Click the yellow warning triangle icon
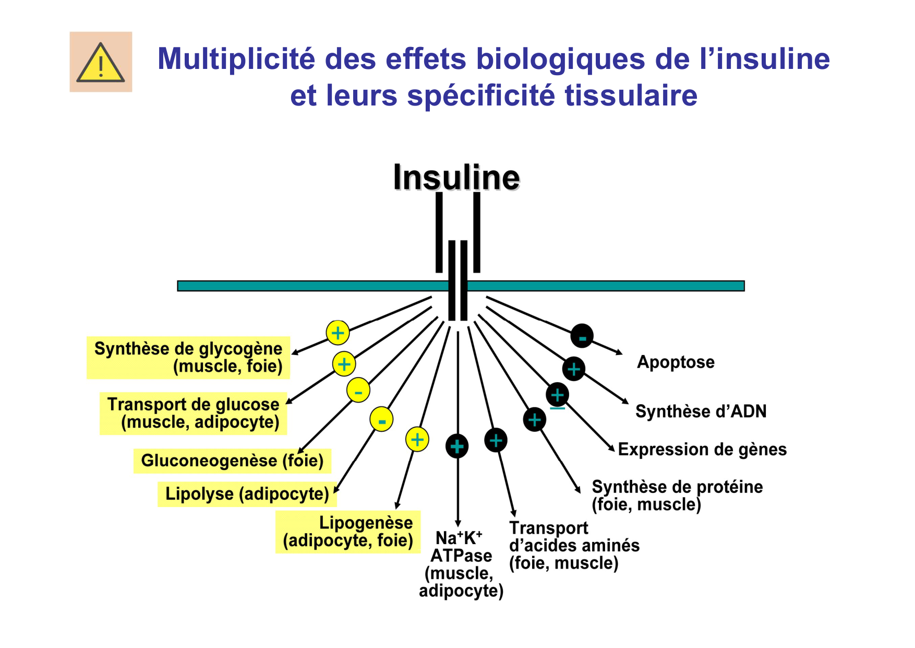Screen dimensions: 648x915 click(x=101, y=63)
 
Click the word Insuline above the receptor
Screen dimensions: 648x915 click(x=456, y=178)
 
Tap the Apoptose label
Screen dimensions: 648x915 click(x=676, y=362)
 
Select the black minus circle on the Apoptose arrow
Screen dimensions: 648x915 click(x=582, y=336)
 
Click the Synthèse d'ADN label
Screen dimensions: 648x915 click(x=701, y=411)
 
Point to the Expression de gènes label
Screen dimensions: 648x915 click(x=702, y=450)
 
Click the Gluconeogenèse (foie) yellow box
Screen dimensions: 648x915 click(x=232, y=461)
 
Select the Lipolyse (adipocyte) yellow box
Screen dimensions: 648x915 click(x=247, y=494)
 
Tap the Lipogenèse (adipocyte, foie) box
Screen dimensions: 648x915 click(x=348, y=532)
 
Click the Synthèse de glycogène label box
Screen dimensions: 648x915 click(x=188, y=357)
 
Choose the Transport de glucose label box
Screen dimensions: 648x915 click(x=194, y=413)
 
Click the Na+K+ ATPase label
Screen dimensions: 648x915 click(x=461, y=564)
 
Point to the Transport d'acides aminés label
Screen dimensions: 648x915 click(x=574, y=546)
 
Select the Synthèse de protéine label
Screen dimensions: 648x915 click(x=677, y=495)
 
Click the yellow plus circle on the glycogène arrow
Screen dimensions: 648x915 click(x=338, y=333)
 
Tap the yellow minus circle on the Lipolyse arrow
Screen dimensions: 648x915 click(x=381, y=419)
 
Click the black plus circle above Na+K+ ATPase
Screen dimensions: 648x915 click(x=457, y=446)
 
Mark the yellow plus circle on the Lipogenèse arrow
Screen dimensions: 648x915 click(x=417, y=440)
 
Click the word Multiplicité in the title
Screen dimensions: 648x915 click(x=236, y=58)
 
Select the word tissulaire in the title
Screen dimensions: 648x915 click(x=631, y=96)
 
